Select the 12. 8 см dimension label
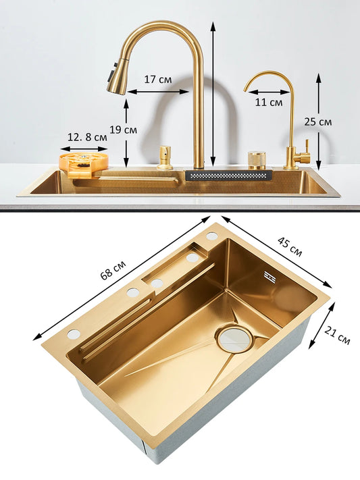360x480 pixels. [87, 137]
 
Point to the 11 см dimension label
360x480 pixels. [269, 103]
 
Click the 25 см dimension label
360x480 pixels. [318, 122]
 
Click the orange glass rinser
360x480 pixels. [84, 162]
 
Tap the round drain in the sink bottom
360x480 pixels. [234, 338]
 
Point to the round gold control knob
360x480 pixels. [257, 159]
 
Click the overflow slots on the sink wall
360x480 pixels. [269, 277]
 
